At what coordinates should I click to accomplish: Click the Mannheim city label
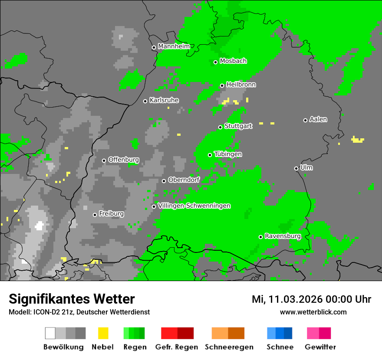174,46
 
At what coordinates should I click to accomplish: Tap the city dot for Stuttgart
221,127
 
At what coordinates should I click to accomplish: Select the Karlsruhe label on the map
164,100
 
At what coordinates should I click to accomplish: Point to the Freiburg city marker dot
95,215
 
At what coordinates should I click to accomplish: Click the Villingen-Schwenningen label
194,206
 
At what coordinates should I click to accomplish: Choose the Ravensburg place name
283,236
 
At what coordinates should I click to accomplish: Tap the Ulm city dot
296,168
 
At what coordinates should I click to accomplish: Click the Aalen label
318,119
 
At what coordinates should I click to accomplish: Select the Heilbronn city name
241,85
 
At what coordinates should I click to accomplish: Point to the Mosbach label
233,61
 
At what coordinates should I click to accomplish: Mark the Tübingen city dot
210,155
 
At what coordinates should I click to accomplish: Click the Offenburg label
123,160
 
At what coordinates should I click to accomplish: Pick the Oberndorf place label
184,180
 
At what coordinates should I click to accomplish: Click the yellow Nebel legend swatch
103,333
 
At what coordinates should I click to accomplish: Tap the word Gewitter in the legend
320,347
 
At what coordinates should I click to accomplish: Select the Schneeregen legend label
229,347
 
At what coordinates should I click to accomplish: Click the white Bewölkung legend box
50,333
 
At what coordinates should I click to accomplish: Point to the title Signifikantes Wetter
72,299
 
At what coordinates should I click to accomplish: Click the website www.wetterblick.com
313,312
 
